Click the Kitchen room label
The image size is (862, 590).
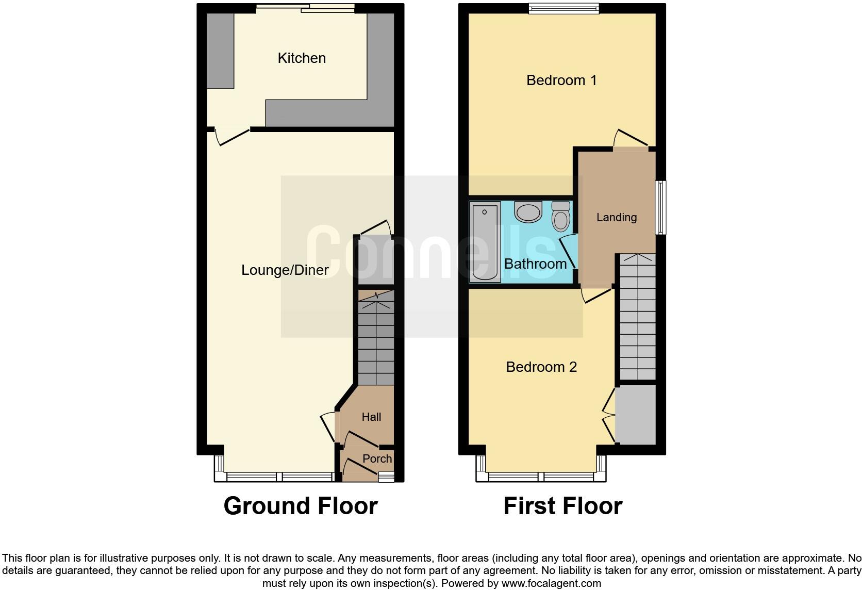[x=302, y=58]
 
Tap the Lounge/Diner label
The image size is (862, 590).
[x=285, y=270]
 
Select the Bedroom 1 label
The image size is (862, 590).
[x=561, y=80]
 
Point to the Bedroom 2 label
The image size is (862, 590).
[x=541, y=367]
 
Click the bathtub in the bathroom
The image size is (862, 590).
[x=485, y=242]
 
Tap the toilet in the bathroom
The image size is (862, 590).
[x=560, y=216]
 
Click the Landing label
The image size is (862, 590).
[x=616, y=218]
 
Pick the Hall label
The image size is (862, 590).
[x=371, y=417]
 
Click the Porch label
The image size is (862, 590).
[x=377, y=458]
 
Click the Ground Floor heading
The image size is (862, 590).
[x=301, y=506]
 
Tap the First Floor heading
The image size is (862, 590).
[x=562, y=506]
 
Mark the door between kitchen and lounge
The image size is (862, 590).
[x=232, y=137]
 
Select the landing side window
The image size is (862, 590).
[x=660, y=207]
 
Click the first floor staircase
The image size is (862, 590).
[x=638, y=317]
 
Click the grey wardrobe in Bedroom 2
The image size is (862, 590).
[x=636, y=414]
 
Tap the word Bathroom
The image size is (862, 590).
[x=535, y=264]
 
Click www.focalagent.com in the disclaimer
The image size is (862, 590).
[x=551, y=584]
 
